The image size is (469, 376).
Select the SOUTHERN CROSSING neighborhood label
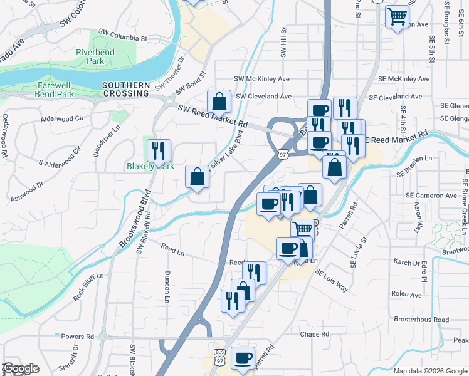pos(126,89)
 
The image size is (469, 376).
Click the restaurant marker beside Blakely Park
pos(159,150)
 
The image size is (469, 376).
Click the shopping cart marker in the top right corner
pos(397,16)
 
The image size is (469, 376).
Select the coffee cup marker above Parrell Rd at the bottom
pos(243,358)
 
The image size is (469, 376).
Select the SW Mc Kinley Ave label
pos(261,79)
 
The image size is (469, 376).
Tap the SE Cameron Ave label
pos(431,196)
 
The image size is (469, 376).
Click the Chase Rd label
pos(315,334)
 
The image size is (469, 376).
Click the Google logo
pos(21,368)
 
